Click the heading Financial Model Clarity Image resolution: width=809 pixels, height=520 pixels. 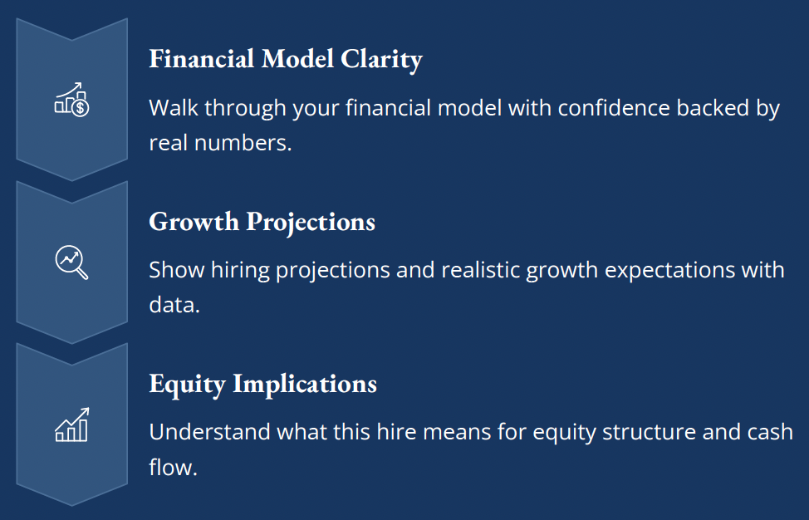[286, 59]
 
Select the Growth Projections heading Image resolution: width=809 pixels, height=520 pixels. [262, 223]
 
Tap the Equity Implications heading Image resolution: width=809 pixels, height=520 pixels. [263, 385]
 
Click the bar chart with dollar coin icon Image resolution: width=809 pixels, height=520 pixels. [71, 99]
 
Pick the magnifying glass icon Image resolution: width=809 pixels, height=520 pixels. [71, 262]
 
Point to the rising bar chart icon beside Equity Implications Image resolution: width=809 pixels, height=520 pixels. [71, 424]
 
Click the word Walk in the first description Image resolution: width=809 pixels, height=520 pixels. [174, 108]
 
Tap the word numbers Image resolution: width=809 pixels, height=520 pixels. [243, 143]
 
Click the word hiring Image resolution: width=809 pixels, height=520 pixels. [240, 271]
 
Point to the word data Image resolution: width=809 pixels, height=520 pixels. [174, 305]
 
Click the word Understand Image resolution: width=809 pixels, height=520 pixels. [209, 432]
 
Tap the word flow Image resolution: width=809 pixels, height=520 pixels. [174, 467]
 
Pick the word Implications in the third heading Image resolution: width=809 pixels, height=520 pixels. [305, 385]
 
